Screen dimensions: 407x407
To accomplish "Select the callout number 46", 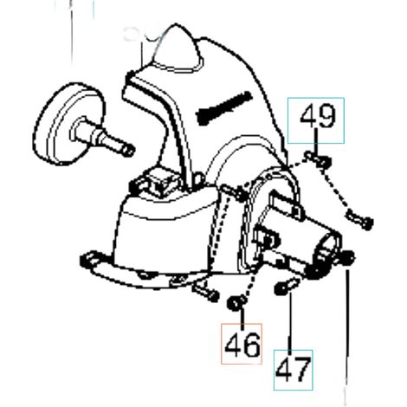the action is click(242, 345).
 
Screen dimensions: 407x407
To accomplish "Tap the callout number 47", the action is click(294, 370).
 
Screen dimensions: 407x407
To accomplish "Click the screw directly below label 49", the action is click(318, 158).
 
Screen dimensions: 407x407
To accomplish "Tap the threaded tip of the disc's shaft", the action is click(128, 151).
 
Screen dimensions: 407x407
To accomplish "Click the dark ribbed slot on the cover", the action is click(223, 107).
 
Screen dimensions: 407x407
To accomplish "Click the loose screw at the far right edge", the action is click(360, 220).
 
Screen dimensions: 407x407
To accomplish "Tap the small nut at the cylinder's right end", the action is click(348, 256).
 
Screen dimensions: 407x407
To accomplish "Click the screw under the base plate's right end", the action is click(206, 291).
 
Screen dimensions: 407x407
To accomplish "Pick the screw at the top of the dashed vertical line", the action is click(233, 192).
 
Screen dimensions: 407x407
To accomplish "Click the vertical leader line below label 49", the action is click(316, 142).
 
